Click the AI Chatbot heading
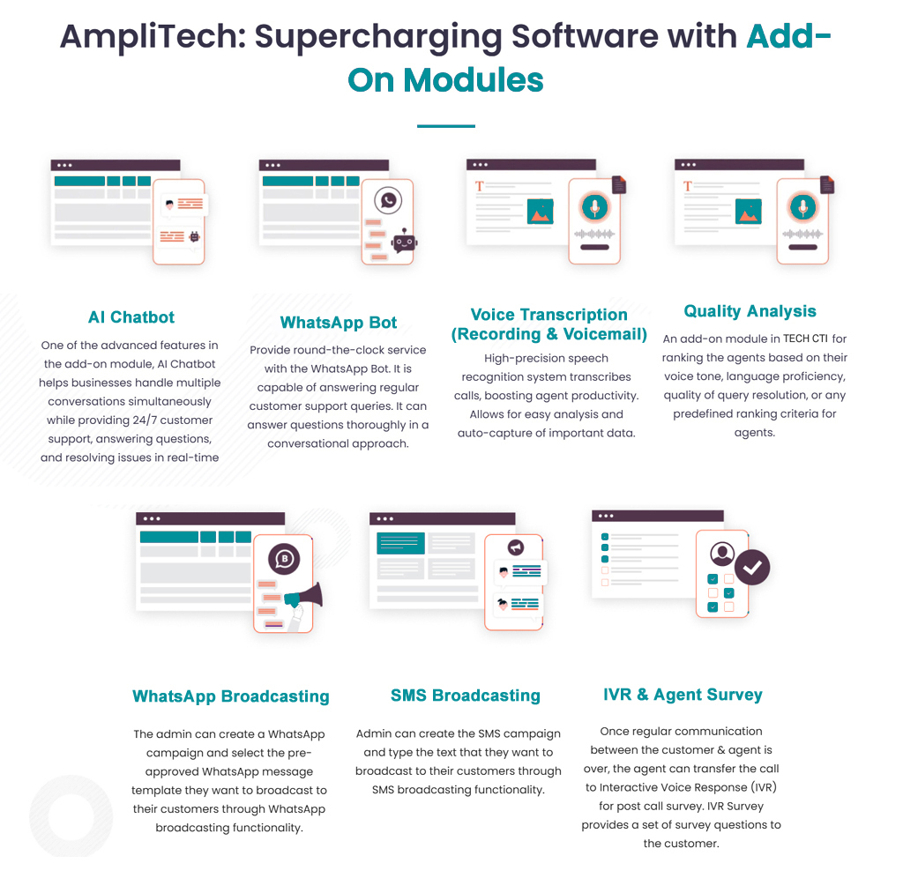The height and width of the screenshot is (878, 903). click(131, 317)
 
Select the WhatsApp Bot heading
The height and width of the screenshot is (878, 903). click(339, 323)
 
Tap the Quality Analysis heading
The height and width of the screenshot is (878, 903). click(750, 311)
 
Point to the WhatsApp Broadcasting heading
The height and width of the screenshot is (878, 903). click(230, 696)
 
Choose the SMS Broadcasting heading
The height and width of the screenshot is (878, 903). click(465, 696)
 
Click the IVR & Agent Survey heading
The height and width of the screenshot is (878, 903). click(683, 695)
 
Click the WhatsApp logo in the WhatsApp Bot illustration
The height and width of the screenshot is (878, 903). click(387, 200)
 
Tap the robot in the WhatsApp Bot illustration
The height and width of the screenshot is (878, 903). click(405, 242)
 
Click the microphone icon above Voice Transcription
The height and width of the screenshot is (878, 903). click(594, 207)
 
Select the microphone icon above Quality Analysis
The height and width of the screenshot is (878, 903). click(802, 207)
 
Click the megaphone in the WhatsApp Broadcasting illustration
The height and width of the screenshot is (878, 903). click(304, 597)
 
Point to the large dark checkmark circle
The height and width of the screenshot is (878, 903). click(752, 569)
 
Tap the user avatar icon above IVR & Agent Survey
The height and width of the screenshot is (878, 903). click(722, 554)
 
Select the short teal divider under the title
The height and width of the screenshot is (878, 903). click(445, 126)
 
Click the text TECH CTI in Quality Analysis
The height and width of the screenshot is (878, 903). click(805, 339)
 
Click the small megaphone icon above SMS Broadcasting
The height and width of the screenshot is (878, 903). click(515, 547)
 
